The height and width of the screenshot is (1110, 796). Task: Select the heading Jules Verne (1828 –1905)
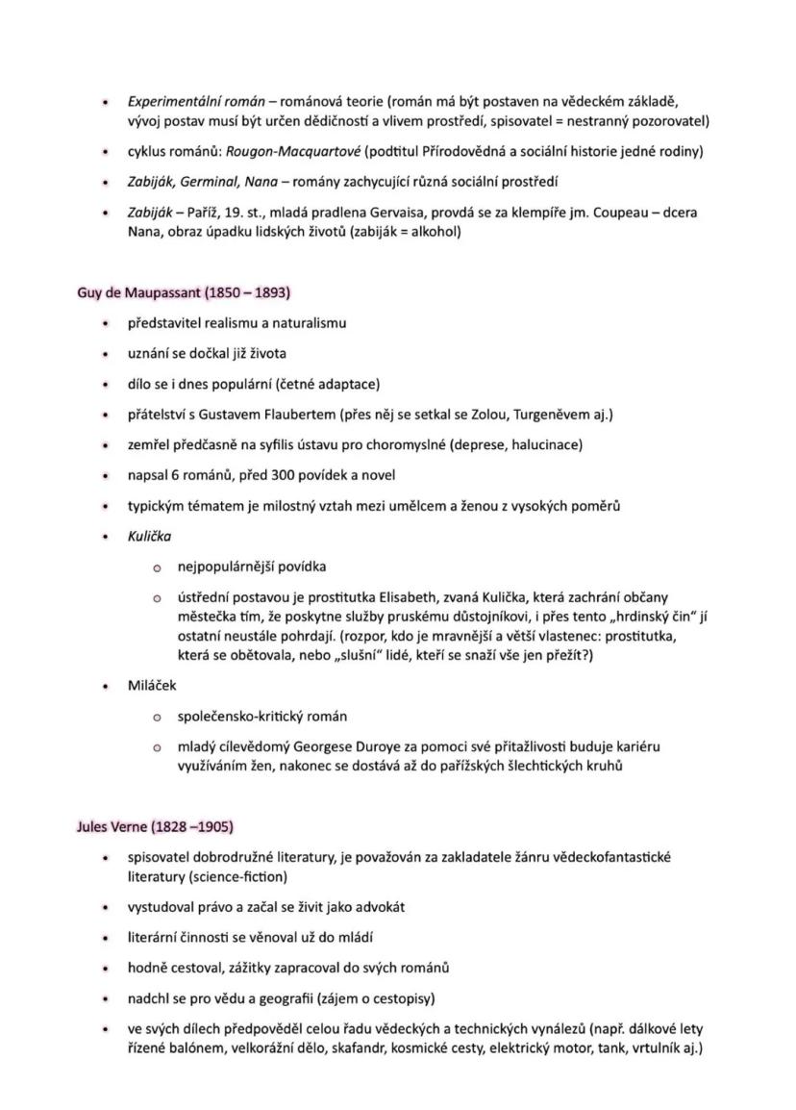(155, 826)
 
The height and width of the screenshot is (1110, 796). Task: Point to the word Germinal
(211, 182)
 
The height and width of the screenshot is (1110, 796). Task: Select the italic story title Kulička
(150, 536)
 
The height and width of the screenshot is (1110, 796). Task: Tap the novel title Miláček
(152, 686)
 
